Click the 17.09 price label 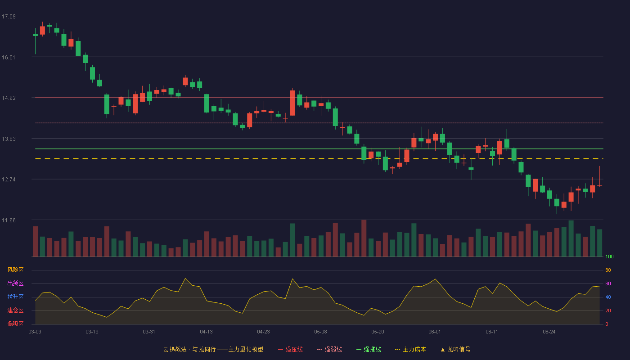(9, 17)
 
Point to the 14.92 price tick (9, 98)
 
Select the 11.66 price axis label (9, 220)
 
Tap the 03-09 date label (35, 332)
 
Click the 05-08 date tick (320, 332)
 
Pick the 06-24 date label (549, 332)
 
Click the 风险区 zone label (15, 270)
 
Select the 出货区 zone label (15, 283)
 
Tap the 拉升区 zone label (15, 297)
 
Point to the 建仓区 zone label (15, 310)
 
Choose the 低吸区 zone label (15, 324)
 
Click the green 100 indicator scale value (609, 256)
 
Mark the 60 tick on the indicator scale (608, 283)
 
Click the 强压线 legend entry (290, 349)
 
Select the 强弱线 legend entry (329, 349)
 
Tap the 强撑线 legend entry (369, 349)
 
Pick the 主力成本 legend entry (410, 349)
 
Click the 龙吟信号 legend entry (455, 349)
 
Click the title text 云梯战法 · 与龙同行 (189, 349)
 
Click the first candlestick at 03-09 (35, 35)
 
